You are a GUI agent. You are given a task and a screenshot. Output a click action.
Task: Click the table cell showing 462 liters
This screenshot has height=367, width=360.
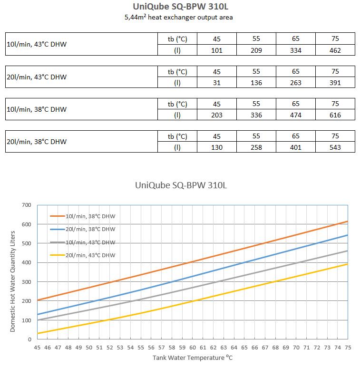(x=335, y=50)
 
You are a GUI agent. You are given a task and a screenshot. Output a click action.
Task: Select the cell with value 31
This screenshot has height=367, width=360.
(x=217, y=83)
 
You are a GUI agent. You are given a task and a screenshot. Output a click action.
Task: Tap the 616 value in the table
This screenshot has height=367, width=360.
(x=335, y=115)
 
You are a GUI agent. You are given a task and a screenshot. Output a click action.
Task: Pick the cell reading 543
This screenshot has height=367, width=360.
(x=335, y=147)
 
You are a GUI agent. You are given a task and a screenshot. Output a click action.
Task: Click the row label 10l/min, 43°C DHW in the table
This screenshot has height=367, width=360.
(x=37, y=44)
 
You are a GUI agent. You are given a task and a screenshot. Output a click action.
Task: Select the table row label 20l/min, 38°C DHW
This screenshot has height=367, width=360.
(x=37, y=142)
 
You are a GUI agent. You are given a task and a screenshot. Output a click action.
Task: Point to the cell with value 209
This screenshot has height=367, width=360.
(x=256, y=50)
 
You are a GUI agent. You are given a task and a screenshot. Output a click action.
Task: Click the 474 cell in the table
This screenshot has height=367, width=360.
(x=296, y=115)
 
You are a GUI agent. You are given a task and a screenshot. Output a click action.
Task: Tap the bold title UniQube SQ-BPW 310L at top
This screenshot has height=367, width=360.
(x=180, y=6)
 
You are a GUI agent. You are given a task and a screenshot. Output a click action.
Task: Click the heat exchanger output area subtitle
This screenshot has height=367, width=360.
(x=179, y=17)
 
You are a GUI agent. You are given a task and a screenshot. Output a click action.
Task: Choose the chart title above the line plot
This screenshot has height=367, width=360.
(x=181, y=185)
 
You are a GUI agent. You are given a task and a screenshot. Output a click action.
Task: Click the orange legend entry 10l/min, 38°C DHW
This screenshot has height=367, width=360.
(x=83, y=216)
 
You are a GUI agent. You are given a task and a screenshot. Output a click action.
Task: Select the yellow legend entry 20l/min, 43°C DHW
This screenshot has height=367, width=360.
(x=83, y=255)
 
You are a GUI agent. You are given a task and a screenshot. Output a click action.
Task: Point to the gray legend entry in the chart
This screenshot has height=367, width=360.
(x=83, y=242)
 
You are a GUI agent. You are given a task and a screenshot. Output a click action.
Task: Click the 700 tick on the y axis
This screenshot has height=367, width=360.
(x=27, y=205)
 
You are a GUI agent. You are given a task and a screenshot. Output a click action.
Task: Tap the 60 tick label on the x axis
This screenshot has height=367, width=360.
(x=193, y=348)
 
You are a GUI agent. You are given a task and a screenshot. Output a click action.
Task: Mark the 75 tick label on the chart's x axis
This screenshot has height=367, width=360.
(x=348, y=348)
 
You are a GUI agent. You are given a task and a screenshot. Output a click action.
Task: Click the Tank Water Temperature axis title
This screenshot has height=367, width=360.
(x=193, y=357)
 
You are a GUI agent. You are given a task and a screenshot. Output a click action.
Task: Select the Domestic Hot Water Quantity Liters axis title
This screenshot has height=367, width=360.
(x=13, y=281)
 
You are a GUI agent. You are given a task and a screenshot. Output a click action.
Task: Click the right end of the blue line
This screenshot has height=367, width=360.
(x=348, y=235)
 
